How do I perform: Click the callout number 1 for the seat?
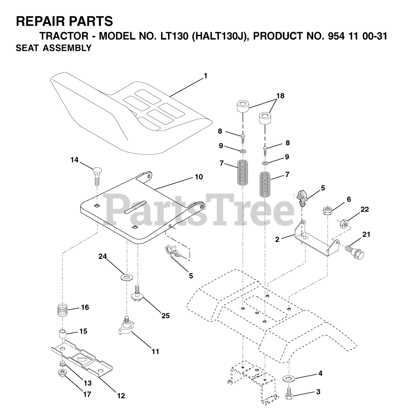point(205,76)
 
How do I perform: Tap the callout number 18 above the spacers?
point(280,96)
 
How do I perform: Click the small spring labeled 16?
point(63,309)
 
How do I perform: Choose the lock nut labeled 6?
point(328,210)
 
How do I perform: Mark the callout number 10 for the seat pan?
point(199,177)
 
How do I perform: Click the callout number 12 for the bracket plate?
point(121,396)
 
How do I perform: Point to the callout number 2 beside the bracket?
point(277,240)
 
